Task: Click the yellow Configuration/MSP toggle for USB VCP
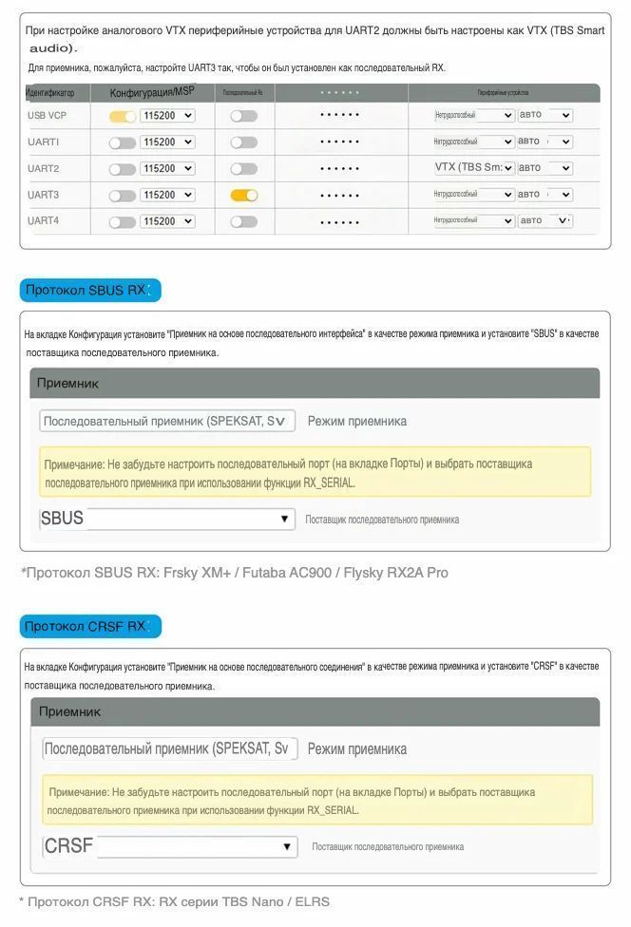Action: click(123, 116)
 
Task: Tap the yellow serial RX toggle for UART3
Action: click(244, 195)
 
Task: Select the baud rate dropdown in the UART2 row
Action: click(167, 168)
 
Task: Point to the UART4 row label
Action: click(44, 221)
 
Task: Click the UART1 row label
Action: click(44, 142)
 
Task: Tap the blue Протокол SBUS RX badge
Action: click(90, 290)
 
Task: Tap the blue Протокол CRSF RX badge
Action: click(90, 626)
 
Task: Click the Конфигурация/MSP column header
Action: click(152, 92)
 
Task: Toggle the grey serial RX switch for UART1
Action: click(244, 142)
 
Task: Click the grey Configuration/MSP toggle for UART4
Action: click(123, 221)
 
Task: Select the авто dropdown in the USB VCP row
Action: click(545, 115)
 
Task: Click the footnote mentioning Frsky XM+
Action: click(234, 573)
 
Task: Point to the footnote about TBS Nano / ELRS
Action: click(174, 901)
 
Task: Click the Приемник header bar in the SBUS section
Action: click(315, 383)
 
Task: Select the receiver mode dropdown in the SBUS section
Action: click(167, 421)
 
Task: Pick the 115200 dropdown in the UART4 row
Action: click(167, 221)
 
